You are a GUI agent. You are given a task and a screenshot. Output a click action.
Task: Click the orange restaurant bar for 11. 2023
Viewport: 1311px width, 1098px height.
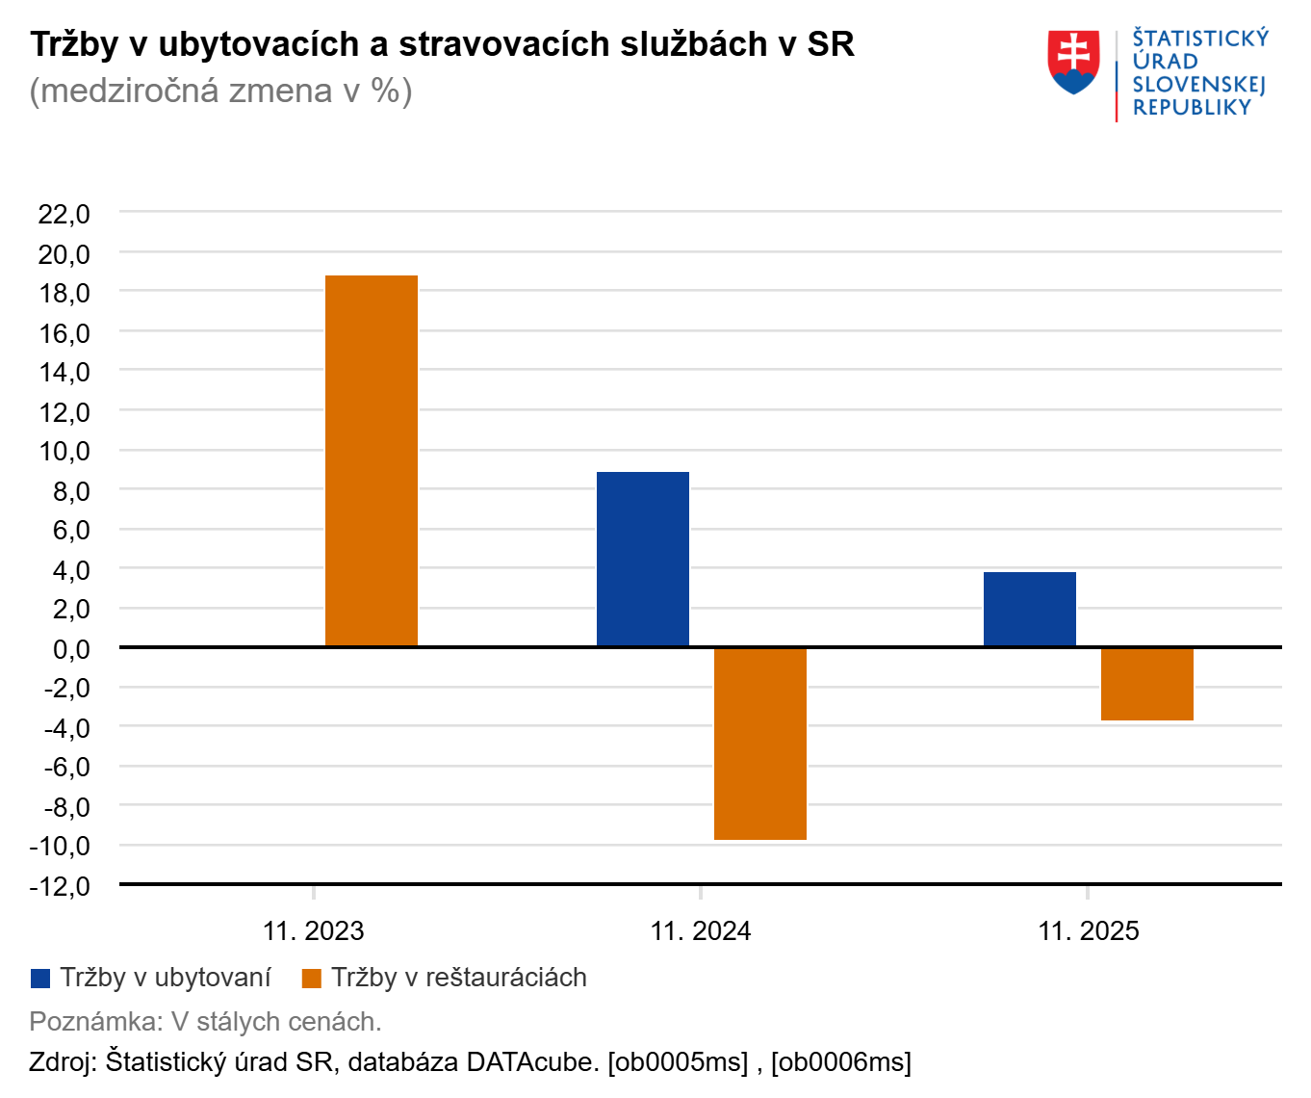click(372, 460)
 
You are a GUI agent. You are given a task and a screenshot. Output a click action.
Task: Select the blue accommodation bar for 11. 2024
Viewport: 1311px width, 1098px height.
click(643, 559)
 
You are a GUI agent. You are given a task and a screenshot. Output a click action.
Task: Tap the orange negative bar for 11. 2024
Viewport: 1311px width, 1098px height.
click(760, 743)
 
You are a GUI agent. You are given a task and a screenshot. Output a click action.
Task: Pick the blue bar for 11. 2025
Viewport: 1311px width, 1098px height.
click(1030, 609)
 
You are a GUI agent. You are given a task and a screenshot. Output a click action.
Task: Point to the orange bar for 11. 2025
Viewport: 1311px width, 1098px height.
click(1147, 684)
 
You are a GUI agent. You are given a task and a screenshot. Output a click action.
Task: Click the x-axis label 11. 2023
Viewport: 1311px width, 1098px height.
click(314, 931)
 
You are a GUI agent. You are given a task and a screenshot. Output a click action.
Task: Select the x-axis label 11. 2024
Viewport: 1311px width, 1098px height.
click(701, 931)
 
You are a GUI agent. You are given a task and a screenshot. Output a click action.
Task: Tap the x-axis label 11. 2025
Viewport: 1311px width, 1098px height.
click(1089, 931)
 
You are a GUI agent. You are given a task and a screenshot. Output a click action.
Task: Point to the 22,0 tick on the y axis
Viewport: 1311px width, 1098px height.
click(64, 214)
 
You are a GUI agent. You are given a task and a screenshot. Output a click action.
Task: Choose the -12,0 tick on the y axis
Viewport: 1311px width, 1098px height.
click(61, 885)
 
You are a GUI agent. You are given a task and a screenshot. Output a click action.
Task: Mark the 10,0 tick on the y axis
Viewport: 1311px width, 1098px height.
click(64, 451)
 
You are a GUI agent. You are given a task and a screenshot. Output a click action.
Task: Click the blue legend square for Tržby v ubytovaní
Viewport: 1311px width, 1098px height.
click(40, 979)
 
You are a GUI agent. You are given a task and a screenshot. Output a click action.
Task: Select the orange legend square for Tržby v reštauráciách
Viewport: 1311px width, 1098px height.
click(311, 979)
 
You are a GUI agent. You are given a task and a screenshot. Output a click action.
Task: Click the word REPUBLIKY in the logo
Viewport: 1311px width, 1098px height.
click(1192, 108)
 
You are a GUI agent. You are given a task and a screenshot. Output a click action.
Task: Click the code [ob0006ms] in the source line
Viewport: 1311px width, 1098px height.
click(841, 1062)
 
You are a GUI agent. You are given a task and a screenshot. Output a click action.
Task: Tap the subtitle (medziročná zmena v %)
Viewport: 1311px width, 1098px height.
click(221, 91)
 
